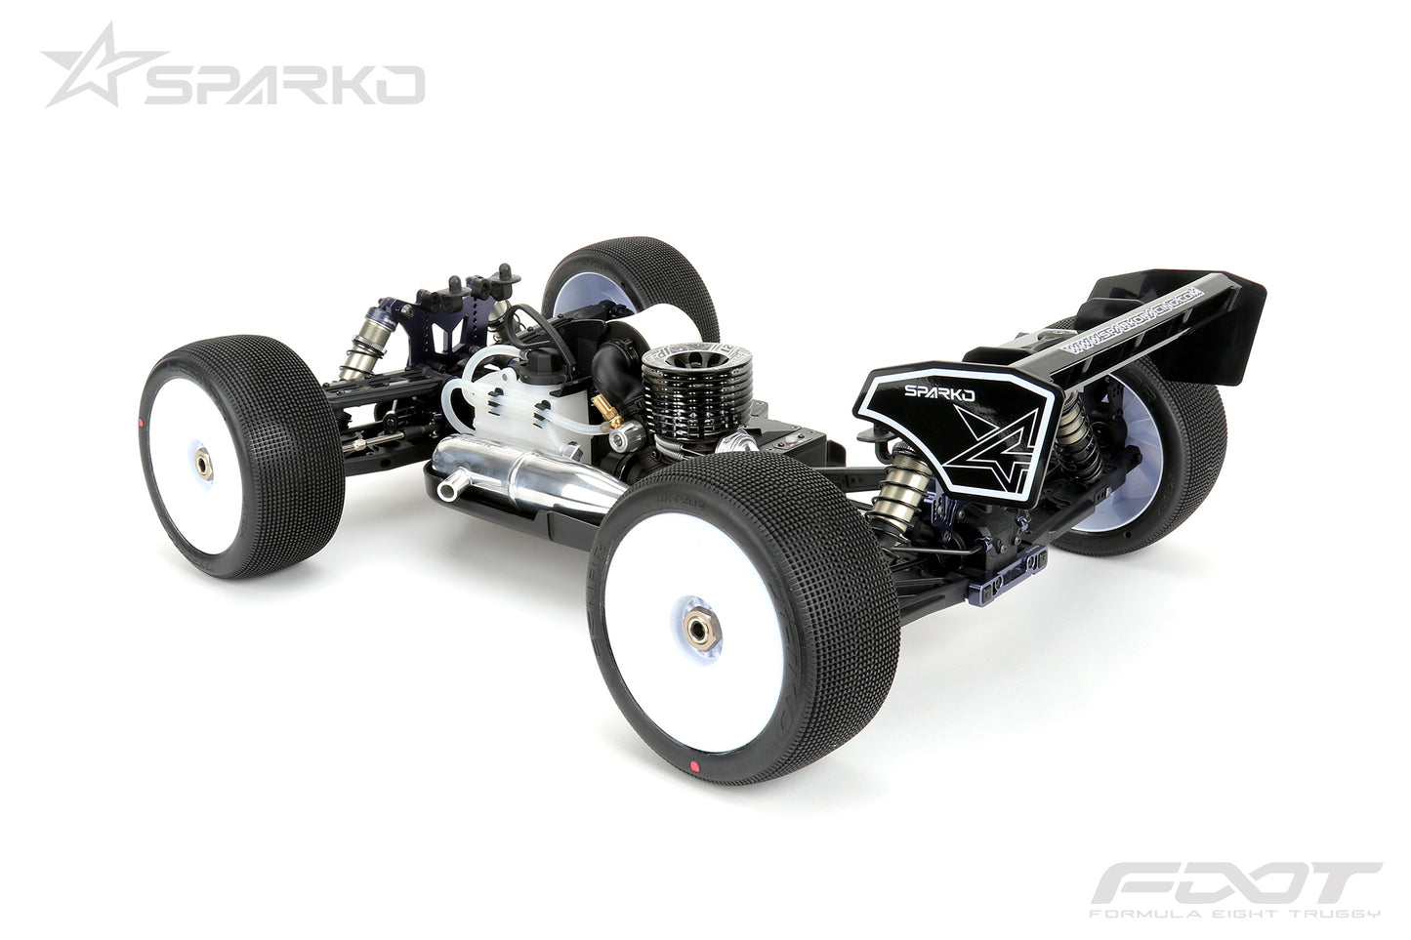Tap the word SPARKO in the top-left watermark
click(x=284, y=85)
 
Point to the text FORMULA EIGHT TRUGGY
click(x=1234, y=914)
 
